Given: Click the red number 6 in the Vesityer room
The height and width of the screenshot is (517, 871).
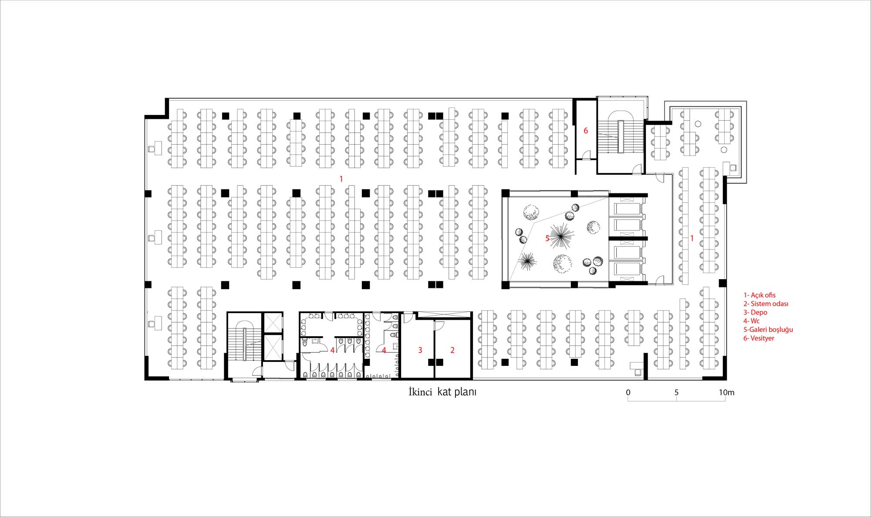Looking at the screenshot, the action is tap(586, 131).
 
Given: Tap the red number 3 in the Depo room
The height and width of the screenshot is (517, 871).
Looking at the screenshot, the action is tap(420, 350).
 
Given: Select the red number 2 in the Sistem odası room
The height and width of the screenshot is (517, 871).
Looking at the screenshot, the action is tap(452, 350).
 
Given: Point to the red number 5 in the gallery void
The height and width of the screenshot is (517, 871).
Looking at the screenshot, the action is tap(547, 238).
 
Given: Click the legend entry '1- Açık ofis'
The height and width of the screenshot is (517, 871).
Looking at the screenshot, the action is tap(760, 295).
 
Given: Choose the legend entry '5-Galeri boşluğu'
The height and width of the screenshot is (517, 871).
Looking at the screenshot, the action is tap(768, 330).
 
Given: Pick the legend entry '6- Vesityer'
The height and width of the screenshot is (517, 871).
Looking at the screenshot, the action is tap(759, 338).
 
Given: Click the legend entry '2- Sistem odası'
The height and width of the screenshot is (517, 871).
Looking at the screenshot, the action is tap(766, 304).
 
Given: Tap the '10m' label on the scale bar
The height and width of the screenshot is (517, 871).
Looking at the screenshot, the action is tap(726, 392).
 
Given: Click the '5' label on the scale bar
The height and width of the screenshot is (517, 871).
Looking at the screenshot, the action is tap(676, 392).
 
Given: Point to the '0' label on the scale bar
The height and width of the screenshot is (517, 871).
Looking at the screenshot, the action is tap(628, 392).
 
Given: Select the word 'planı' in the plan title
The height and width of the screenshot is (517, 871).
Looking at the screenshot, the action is tap(466, 392).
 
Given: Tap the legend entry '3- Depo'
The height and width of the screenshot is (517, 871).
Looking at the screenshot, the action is tap(755, 313).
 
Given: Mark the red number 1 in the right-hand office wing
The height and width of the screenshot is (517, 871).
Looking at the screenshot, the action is tap(692, 239).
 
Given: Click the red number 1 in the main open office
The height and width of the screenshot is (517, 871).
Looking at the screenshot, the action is tap(341, 179).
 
